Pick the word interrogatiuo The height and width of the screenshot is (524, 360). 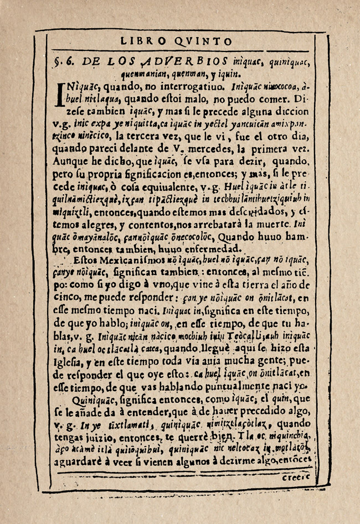pos(171,87)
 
